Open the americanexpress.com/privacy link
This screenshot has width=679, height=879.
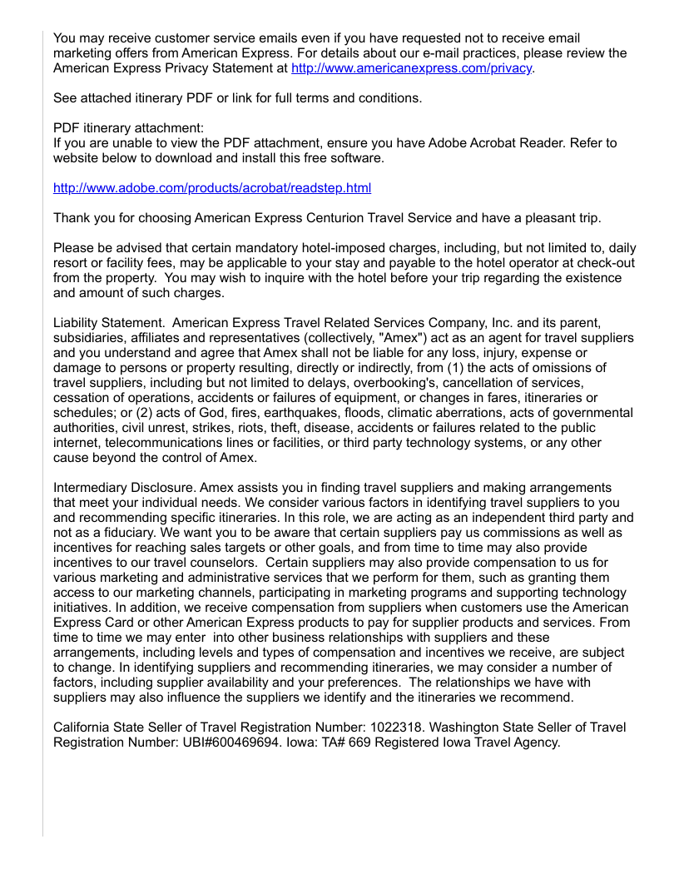[412, 68]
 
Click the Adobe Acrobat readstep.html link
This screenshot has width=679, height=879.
[212, 188]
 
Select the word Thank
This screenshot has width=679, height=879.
[71, 218]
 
